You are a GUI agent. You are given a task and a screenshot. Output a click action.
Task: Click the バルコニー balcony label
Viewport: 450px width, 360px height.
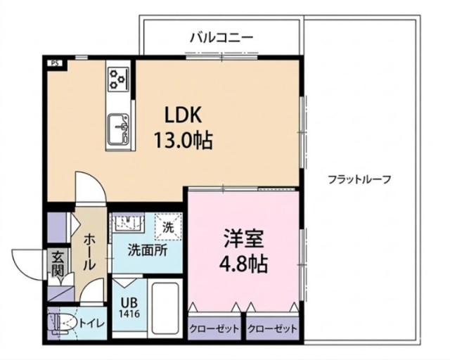221,37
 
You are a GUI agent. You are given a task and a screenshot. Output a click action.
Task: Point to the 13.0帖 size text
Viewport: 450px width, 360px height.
184,139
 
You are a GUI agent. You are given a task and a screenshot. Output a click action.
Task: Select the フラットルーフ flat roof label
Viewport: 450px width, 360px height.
359,179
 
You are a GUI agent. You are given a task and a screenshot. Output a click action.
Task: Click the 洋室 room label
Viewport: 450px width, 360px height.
244,239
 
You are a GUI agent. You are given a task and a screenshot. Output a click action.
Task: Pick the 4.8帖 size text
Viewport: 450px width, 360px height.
244,264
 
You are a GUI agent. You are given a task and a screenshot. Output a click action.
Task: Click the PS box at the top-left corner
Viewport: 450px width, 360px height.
54,63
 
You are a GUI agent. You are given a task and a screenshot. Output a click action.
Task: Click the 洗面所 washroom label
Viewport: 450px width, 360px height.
146,250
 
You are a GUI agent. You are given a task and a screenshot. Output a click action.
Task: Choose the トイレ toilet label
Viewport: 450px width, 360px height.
92,323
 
